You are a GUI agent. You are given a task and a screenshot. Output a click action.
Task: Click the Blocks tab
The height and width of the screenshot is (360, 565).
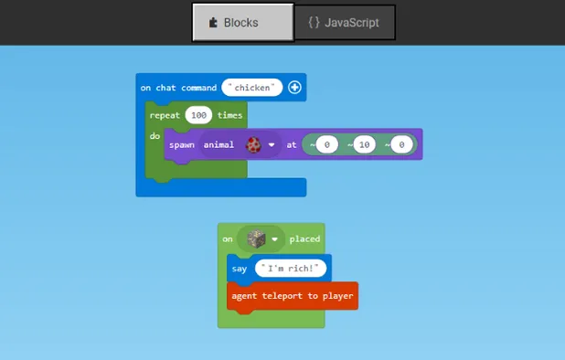pyautogui.click(x=242, y=23)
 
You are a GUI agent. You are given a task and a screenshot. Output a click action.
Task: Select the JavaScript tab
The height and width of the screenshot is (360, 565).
pyautogui.click(x=344, y=23)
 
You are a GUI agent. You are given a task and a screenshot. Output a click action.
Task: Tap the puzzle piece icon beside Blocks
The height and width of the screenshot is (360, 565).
pyautogui.click(x=213, y=23)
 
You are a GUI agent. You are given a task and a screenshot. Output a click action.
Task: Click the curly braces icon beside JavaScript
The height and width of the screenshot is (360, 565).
pyautogui.click(x=314, y=23)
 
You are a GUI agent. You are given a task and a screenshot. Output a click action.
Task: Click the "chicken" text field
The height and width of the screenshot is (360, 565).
pyautogui.click(x=252, y=88)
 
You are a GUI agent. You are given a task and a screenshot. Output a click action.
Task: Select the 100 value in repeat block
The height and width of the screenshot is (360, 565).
pyautogui.click(x=198, y=115)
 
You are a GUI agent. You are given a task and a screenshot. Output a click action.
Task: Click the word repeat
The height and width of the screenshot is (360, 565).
pyautogui.click(x=165, y=115)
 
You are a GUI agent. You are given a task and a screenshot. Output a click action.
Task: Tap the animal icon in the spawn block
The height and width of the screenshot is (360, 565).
pyautogui.click(x=252, y=144)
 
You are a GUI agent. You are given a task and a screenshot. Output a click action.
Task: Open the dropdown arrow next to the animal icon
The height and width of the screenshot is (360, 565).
pyautogui.click(x=272, y=145)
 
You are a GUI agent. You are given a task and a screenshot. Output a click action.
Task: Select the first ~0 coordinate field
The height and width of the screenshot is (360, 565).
pyautogui.click(x=326, y=144)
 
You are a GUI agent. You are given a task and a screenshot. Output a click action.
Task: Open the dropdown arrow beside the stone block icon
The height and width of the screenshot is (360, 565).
pyautogui.click(x=274, y=240)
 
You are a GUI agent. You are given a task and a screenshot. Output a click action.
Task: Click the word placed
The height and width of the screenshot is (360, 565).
pyautogui.click(x=304, y=239)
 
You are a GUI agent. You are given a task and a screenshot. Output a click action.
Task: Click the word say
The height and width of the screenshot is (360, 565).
pyautogui.click(x=240, y=269)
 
